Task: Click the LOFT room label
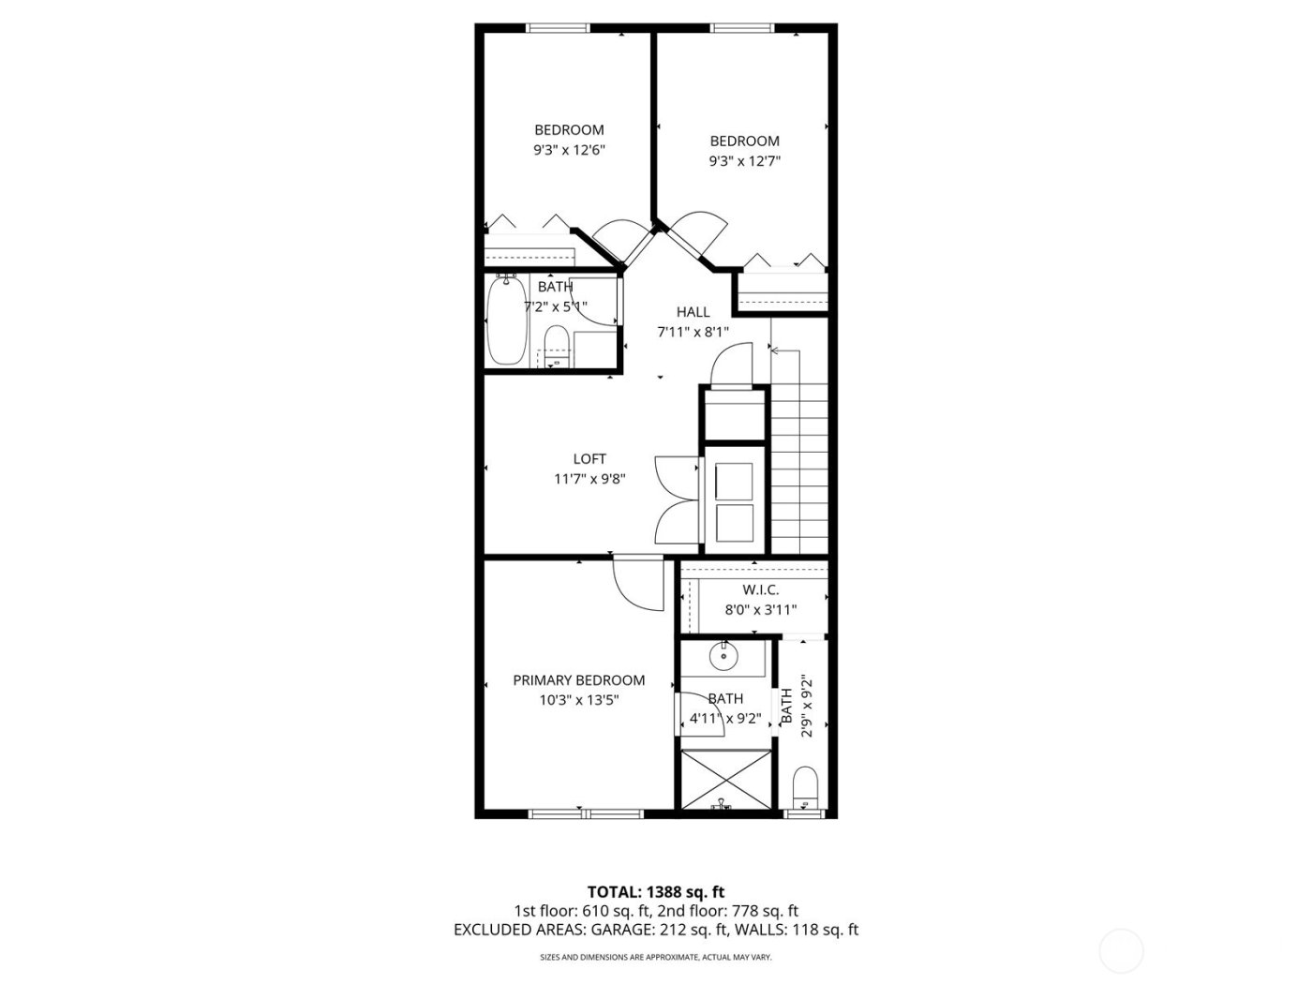589,458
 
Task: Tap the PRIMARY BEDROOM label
578,680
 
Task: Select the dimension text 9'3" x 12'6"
569,150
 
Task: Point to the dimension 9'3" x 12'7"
745,161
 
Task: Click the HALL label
693,312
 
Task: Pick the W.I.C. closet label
760,589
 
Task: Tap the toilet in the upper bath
557,347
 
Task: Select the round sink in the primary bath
724,656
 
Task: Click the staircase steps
799,450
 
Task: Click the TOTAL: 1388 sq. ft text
656,891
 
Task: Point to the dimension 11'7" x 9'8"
589,479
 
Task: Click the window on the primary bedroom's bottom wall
586,813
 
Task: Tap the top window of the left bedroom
558,28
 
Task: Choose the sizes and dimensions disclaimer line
656,957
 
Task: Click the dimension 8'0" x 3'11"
760,610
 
